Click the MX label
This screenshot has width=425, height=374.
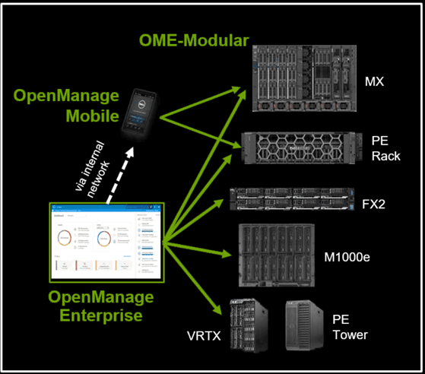pyautogui.click(x=374, y=81)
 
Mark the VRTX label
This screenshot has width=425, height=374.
pyautogui.click(x=205, y=333)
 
